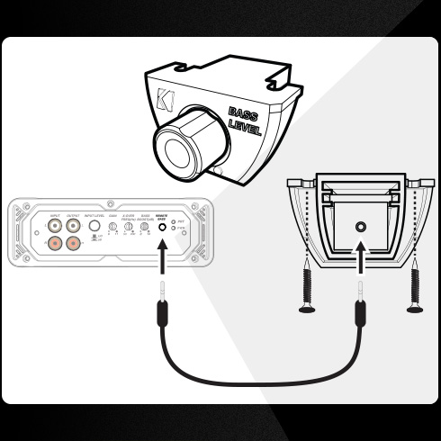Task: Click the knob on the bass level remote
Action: point(185,145)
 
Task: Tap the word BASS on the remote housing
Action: point(242,114)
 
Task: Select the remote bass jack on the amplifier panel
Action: point(163,229)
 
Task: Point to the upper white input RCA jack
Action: point(56,228)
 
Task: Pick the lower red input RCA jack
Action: point(56,244)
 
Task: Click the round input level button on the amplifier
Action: point(93,228)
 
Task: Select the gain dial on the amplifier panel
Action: point(112,229)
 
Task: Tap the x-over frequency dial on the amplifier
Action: point(128,229)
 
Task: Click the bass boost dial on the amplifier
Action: point(145,229)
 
